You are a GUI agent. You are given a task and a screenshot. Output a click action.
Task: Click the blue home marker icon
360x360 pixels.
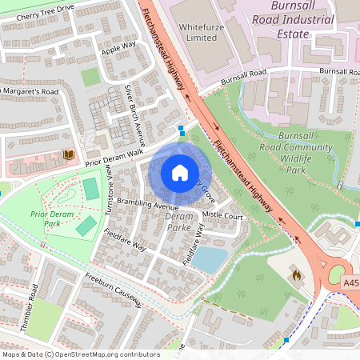click(180, 172)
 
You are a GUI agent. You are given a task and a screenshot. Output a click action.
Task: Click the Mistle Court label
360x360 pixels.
click(223, 216)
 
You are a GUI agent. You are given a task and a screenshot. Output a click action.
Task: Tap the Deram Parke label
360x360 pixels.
click(179, 222)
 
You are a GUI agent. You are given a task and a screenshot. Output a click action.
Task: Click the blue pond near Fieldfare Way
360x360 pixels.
click(210, 258)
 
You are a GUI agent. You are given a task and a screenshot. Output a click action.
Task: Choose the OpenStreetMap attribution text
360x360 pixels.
click(81, 354)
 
